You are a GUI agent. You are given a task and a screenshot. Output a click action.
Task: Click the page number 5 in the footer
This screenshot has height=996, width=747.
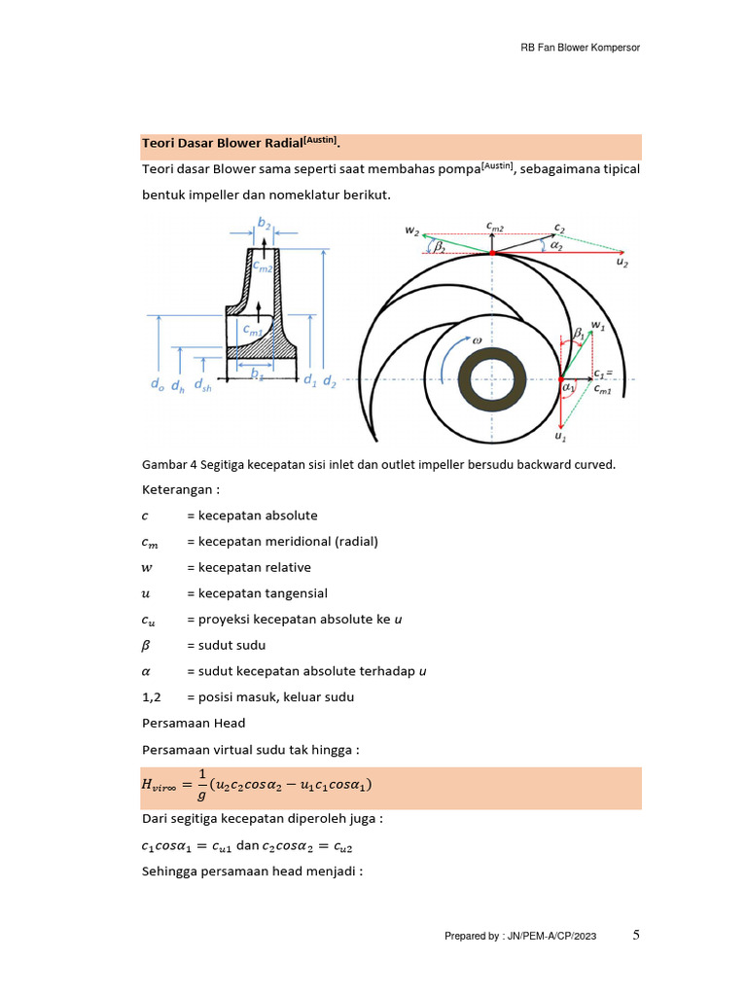point(636,935)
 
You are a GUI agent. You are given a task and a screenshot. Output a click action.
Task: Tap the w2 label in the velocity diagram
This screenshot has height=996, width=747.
point(412,231)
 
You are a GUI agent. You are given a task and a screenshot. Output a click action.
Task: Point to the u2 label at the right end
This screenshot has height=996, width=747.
point(622,264)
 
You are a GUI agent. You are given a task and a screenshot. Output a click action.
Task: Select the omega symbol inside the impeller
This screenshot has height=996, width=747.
point(477,341)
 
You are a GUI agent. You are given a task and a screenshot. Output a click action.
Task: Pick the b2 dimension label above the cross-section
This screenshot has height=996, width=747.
point(264,223)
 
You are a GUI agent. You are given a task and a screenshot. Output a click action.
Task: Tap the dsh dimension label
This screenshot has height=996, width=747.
point(202,386)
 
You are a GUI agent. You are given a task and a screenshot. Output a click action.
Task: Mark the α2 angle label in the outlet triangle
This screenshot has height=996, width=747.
point(556,247)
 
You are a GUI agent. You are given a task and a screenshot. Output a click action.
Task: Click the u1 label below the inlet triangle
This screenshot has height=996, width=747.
point(561,437)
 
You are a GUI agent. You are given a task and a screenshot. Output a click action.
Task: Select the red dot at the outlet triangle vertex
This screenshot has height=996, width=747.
point(492,253)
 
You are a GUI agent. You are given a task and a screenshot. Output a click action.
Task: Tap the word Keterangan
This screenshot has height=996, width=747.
point(178,488)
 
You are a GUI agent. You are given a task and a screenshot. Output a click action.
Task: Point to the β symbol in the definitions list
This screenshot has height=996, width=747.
point(147,646)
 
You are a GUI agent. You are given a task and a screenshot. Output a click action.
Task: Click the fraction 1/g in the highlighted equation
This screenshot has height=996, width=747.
point(202,787)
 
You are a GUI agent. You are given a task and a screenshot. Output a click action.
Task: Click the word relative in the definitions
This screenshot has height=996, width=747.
point(291,567)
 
